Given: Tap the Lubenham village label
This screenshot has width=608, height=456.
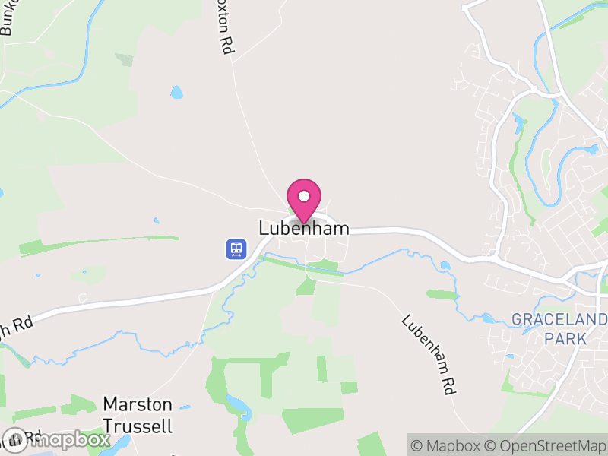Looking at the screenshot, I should click(304, 228).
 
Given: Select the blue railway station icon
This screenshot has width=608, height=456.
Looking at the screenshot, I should click(236, 249).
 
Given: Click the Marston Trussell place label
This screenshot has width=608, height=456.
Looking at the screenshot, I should click(138, 415).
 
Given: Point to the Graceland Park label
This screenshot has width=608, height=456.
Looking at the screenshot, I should click(559, 328).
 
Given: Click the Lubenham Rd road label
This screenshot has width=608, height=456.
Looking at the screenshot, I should click(428, 353).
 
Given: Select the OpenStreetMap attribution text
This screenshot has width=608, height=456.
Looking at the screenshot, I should click(546, 445).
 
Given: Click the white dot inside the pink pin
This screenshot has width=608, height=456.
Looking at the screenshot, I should click(304, 196).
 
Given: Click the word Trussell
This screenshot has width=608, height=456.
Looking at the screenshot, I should click(138, 426).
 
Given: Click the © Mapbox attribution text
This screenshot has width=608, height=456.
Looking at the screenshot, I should click(449, 445).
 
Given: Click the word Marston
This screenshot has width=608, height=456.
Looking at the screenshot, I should click(138, 404).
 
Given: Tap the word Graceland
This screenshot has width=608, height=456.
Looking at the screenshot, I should click(559, 318).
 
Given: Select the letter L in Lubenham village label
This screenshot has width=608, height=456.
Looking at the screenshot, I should click(264, 228).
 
